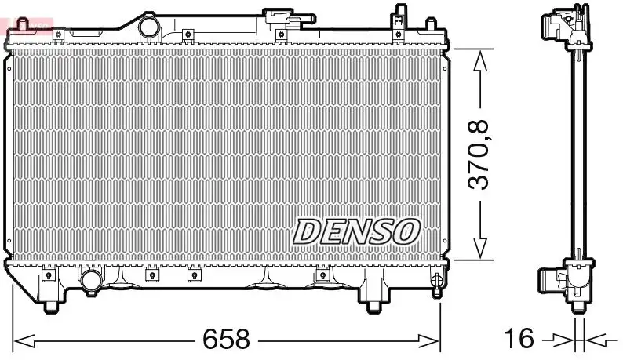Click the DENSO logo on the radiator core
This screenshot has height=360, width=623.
pyautogui.click(x=357, y=231)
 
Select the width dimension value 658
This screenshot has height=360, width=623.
pyautogui.click(x=226, y=340)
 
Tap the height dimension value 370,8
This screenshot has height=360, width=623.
pyautogui.click(x=479, y=154)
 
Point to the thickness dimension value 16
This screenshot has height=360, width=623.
pyautogui.click(x=519, y=340)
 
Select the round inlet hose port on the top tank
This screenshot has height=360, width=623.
pyautogui.click(x=148, y=27)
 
